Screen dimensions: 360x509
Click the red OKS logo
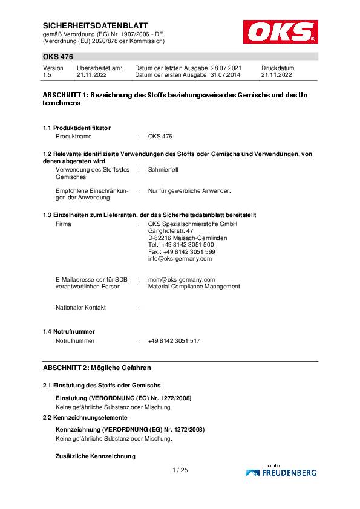click(280, 31)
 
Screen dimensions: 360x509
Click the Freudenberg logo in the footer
click(281, 472)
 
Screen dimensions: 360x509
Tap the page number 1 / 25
click(180, 470)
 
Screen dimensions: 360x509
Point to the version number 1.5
click(47, 76)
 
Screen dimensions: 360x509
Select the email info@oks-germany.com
click(180, 259)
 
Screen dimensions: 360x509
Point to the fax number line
click(182, 251)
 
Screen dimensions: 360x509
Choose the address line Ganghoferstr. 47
click(171, 231)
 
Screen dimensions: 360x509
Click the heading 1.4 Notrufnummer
click(69, 332)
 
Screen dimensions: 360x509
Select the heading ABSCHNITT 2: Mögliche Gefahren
click(97, 368)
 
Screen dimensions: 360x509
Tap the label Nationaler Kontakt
click(80, 307)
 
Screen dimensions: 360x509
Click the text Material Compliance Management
click(194, 287)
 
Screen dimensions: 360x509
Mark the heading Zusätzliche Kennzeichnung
click(96, 455)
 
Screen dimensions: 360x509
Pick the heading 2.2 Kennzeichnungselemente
click(85, 418)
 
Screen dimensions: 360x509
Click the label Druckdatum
click(278, 69)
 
